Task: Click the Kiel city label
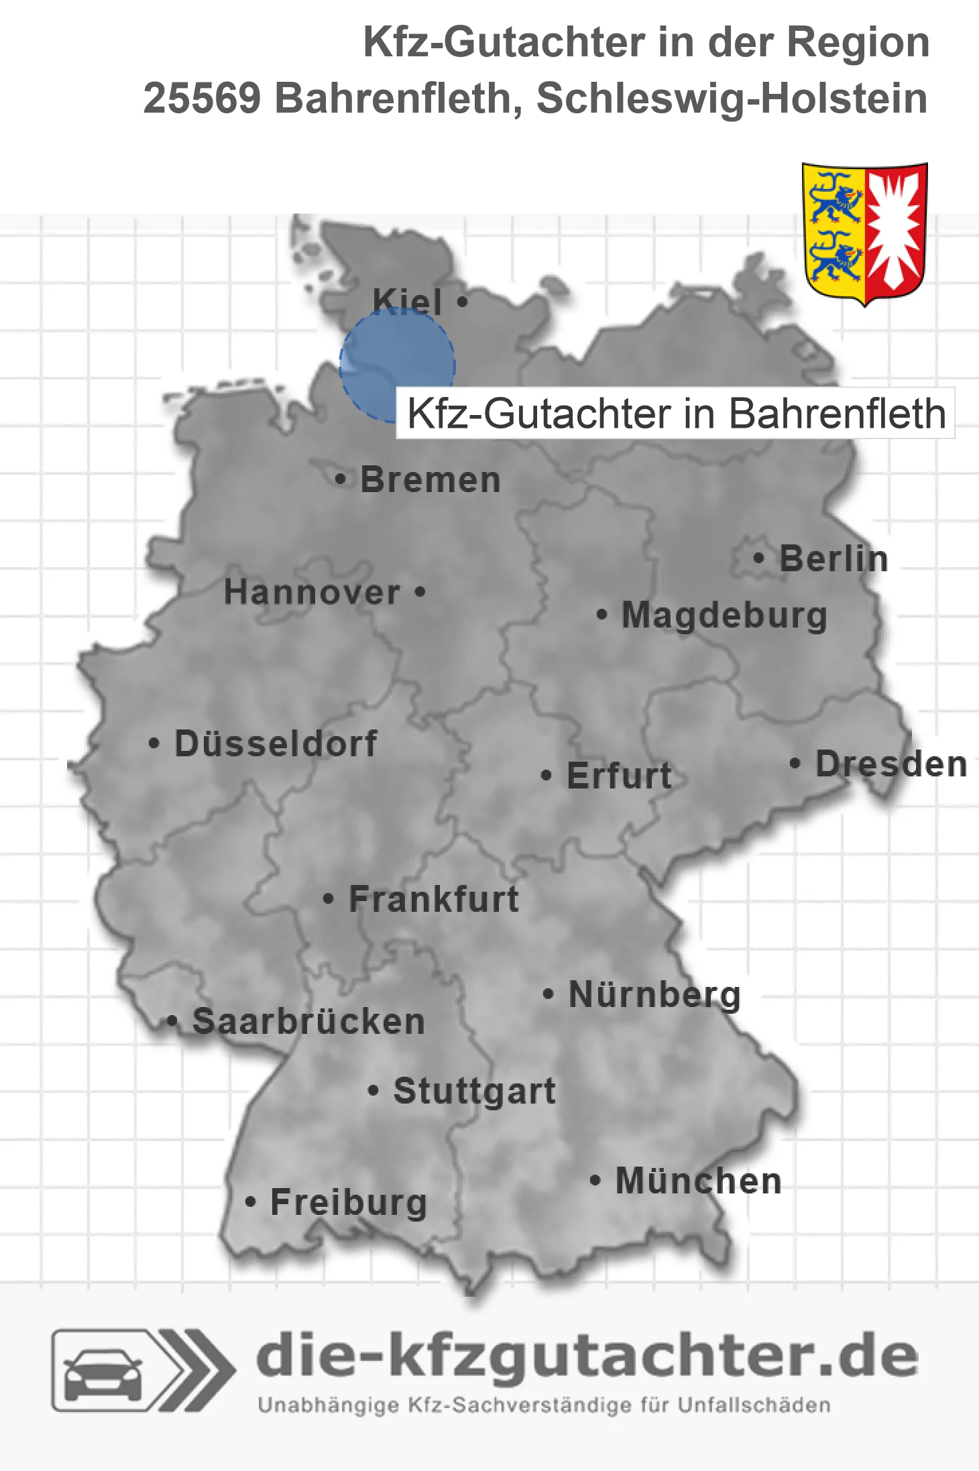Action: (407, 302)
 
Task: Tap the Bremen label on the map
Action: (430, 480)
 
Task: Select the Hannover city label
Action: (312, 593)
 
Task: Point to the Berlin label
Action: (833, 559)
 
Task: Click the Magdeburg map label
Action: (724, 615)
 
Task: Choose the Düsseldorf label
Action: (276, 744)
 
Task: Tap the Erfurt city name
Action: (619, 776)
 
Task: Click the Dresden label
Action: (891, 764)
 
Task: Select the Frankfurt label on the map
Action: (434, 899)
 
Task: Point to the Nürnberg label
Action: (654, 994)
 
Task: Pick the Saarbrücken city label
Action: (308, 1022)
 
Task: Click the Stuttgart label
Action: (474, 1091)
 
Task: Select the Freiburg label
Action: (349, 1203)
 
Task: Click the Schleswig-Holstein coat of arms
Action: (864, 233)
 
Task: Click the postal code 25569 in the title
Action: (202, 99)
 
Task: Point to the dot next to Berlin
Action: (759, 558)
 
